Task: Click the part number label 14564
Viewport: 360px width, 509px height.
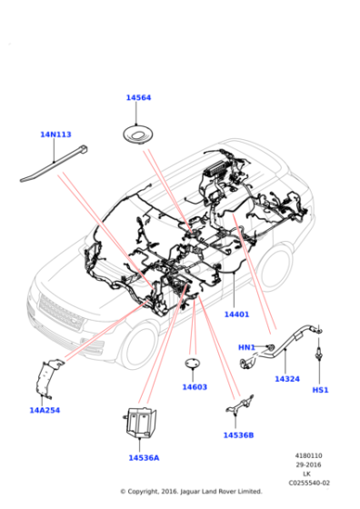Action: (138, 98)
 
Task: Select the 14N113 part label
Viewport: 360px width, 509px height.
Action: (55, 135)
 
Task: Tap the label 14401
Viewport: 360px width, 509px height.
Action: (236, 314)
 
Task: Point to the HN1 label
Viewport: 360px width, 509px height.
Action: (246, 347)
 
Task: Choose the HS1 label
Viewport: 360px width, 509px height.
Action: (320, 390)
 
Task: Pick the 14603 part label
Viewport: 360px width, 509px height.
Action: (194, 387)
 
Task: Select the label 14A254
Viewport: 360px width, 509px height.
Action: (44, 410)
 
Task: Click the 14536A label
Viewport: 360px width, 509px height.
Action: (143, 457)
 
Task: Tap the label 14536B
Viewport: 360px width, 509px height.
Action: (238, 434)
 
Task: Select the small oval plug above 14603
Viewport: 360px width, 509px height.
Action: (194, 365)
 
